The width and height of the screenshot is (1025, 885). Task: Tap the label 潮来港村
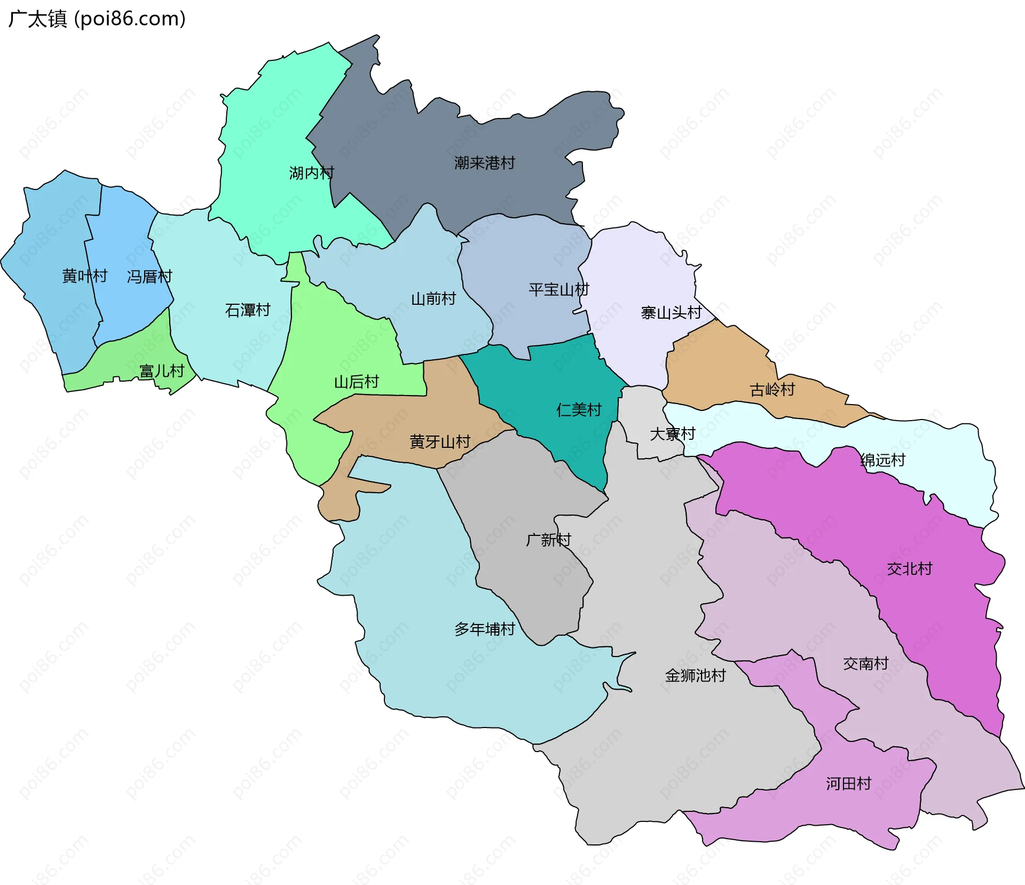click(484, 163)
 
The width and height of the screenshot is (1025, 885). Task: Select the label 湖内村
click(311, 173)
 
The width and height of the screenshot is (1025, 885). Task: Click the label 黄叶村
click(85, 276)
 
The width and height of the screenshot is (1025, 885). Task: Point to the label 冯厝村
click(149, 276)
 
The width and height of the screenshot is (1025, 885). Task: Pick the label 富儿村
click(162, 371)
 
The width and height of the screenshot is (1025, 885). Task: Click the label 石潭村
click(248, 310)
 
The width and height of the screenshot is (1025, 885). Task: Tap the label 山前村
click(433, 299)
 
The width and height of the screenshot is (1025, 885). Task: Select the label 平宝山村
click(559, 290)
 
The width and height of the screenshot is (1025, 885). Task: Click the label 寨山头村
click(671, 313)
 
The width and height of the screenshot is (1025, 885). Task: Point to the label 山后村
click(357, 382)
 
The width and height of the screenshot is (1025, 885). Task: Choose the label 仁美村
click(579, 410)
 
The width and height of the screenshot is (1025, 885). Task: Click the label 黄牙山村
click(440, 442)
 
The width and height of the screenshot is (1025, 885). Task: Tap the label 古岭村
click(772, 390)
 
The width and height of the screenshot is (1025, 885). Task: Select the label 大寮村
click(672, 434)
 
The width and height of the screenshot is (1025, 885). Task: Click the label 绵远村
click(883, 460)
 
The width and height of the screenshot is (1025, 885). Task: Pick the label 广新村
click(548, 540)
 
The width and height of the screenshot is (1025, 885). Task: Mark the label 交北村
click(910, 569)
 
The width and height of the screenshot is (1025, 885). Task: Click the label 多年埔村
click(484, 629)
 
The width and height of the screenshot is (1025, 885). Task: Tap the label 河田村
click(848, 784)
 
